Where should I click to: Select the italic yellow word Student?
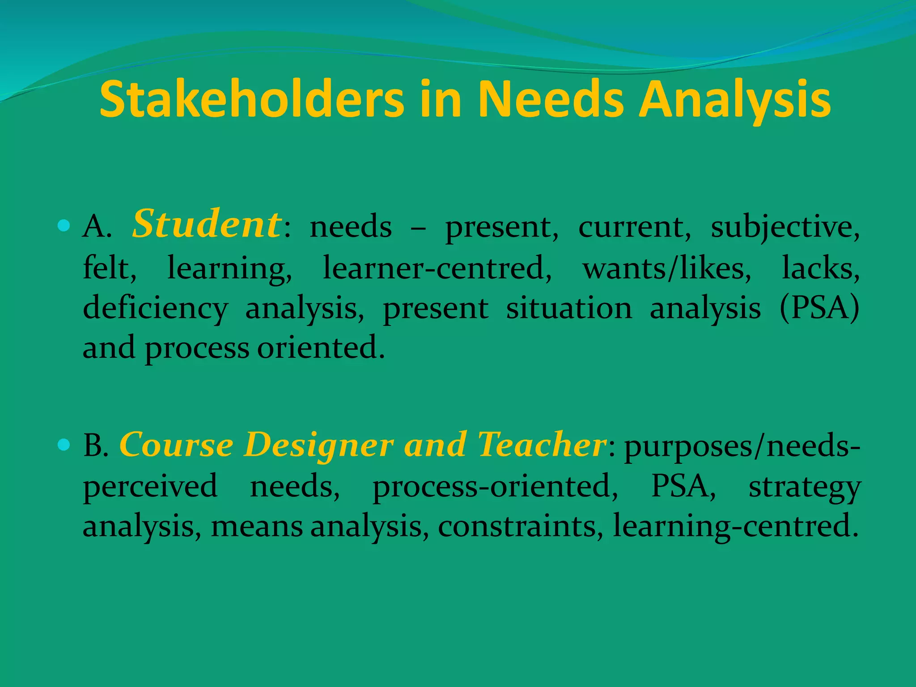pos(207,224)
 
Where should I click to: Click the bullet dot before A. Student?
pos(64,225)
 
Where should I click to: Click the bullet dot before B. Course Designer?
pos(64,444)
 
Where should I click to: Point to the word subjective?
pos(785,227)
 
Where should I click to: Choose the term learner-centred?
pos(437,267)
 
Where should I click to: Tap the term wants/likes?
pos(666,267)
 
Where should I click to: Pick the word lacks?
pos(820,267)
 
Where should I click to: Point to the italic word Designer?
pos(318,445)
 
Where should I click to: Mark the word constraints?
pos(517,526)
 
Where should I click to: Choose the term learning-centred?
pos(735,526)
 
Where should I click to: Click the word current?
pos(634,227)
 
